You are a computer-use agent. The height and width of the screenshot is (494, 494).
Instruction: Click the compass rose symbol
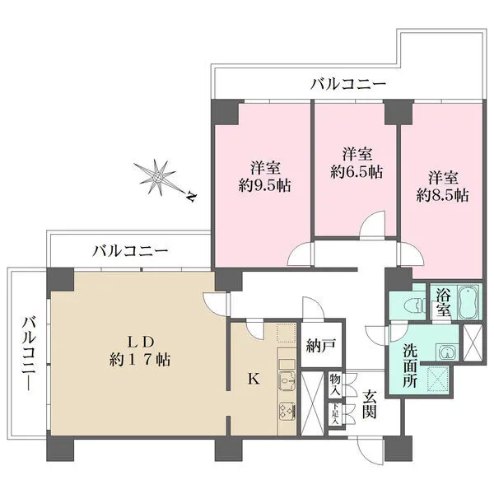click(157, 177)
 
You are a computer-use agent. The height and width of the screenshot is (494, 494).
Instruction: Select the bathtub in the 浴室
click(468, 303)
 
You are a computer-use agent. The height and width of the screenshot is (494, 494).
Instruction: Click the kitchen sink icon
click(287, 380)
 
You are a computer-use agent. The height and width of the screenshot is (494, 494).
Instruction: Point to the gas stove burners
click(287, 412)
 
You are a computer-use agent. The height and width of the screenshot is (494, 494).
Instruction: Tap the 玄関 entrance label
click(369, 403)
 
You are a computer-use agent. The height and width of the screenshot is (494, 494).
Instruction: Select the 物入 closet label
click(335, 385)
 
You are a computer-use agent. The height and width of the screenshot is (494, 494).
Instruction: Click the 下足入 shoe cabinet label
click(334, 415)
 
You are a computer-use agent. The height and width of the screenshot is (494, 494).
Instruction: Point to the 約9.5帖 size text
click(264, 186)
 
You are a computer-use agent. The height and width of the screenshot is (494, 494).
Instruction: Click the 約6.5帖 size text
click(357, 172)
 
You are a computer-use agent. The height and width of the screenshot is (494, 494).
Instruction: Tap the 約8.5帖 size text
click(442, 196)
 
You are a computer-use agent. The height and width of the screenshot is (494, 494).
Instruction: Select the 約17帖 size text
click(140, 360)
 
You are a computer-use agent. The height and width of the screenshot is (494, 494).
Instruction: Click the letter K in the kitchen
click(254, 379)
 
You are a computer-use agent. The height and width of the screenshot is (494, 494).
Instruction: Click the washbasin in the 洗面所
click(446, 352)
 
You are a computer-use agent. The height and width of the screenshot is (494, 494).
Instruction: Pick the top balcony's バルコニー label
click(347, 84)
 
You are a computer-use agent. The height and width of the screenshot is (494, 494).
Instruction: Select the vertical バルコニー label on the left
click(30, 354)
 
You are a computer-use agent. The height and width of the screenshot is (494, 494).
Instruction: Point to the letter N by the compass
click(191, 196)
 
